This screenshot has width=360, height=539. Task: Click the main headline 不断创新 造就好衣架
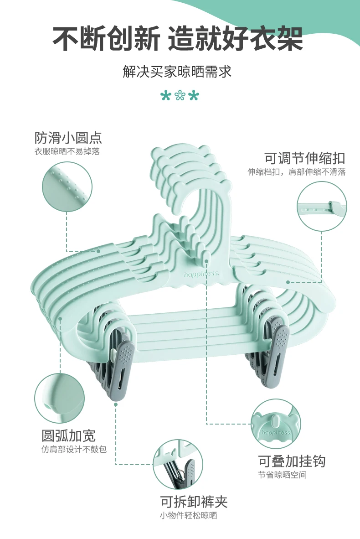pyautogui.click(x=178, y=38)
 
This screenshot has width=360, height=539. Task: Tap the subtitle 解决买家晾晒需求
pyautogui.click(x=177, y=72)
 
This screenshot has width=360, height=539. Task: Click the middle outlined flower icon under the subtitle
pyautogui.click(x=180, y=96)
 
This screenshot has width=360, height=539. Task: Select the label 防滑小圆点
pyautogui.click(x=68, y=138)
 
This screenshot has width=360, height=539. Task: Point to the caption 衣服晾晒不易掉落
pyautogui.click(x=67, y=152)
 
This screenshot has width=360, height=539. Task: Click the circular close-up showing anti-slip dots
pyautogui.click(x=67, y=187)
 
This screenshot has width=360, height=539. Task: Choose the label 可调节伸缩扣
pyautogui.click(x=305, y=158)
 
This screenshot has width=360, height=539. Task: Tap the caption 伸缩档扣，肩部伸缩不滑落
pyautogui.click(x=297, y=172)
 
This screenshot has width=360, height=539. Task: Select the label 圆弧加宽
pyautogui.click(x=69, y=435)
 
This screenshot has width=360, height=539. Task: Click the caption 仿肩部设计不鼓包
pyautogui.click(x=74, y=450)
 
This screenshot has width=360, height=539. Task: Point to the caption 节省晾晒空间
pyautogui.click(x=283, y=475)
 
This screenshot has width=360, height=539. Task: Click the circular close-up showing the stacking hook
pyautogui.click(x=276, y=424)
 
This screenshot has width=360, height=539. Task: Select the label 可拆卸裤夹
pyautogui.click(x=194, y=502)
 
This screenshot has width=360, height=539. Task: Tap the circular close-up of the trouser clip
pyautogui.click(x=178, y=465)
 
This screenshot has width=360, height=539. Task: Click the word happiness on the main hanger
pyautogui.click(x=201, y=274)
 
